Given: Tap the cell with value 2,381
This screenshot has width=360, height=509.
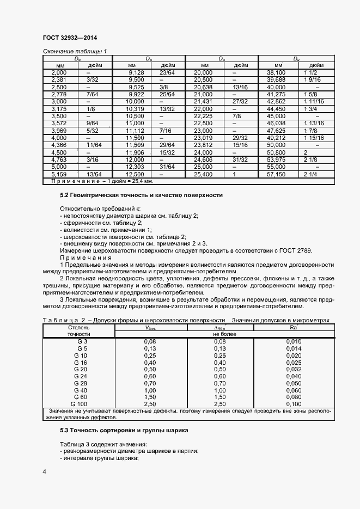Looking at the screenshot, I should [59, 79].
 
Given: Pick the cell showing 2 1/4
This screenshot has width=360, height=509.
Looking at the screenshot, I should [310, 174].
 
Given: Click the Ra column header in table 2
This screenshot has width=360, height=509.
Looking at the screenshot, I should [293, 328].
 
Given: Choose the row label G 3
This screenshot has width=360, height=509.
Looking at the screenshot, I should [82, 341].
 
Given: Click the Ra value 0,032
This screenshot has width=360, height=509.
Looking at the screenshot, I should [293, 369].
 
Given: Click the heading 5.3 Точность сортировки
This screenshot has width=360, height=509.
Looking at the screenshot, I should [124, 430].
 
